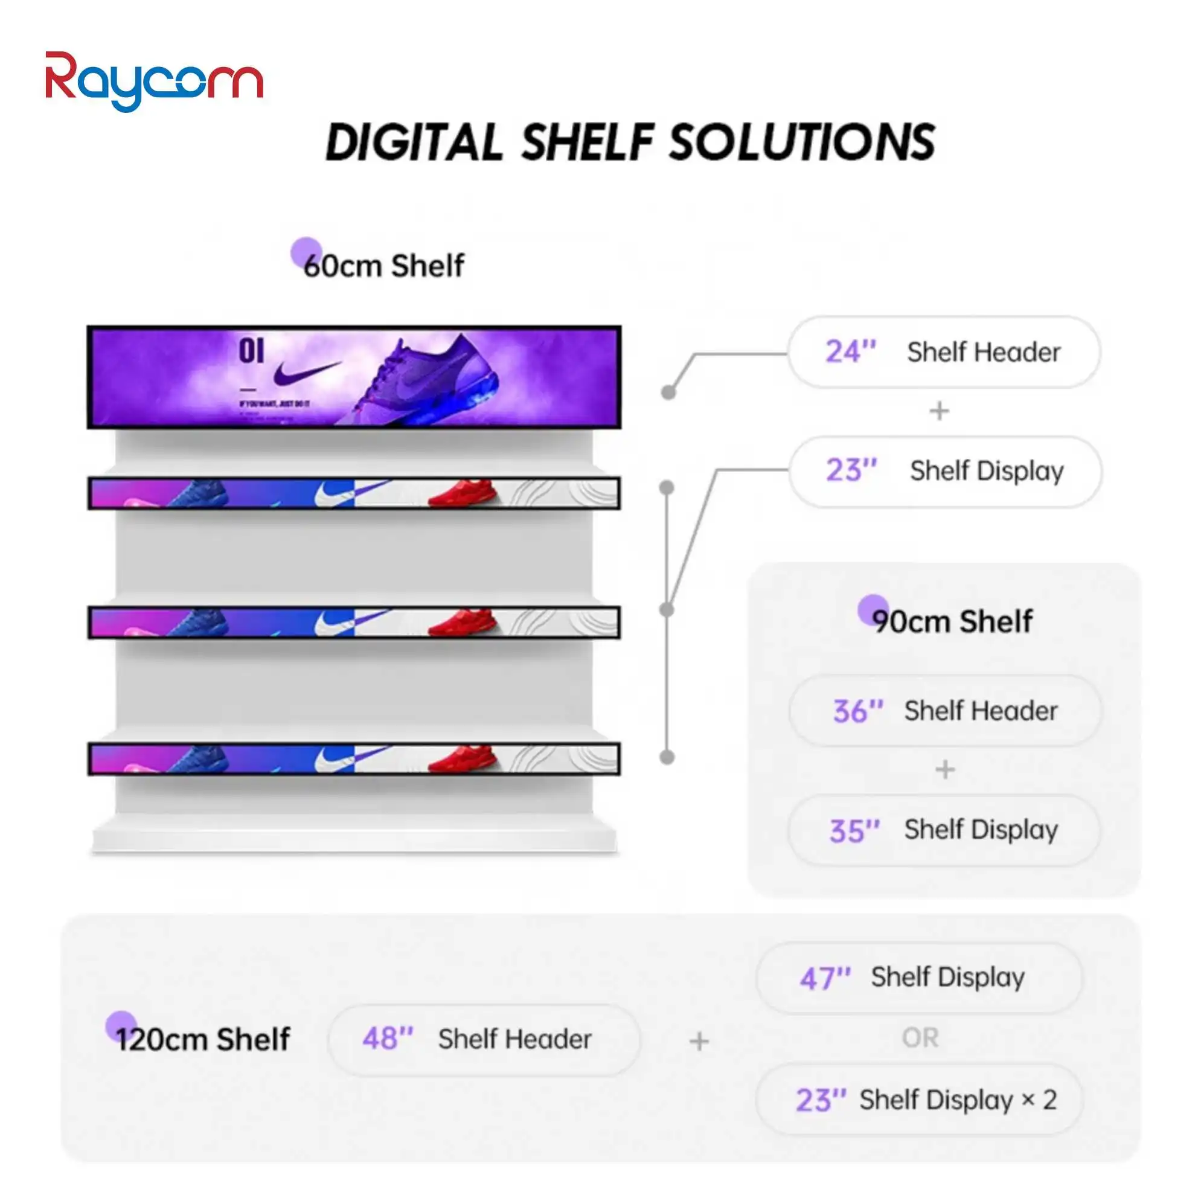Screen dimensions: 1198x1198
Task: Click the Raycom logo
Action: click(154, 80)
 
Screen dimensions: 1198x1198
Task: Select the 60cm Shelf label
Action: click(383, 266)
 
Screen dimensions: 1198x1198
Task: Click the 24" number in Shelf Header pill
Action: click(850, 351)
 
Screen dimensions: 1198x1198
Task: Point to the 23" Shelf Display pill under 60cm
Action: click(945, 471)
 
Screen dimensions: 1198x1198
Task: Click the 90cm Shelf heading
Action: click(952, 621)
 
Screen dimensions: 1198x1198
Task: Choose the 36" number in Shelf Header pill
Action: click(857, 711)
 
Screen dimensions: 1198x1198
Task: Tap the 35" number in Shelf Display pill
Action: click(854, 830)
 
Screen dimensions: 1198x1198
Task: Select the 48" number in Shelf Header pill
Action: click(388, 1039)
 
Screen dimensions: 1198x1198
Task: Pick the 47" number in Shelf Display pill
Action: click(825, 978)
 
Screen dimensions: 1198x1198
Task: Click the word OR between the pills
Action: click(920, 1037)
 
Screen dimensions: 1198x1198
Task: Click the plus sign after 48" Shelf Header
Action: click(699, 1041)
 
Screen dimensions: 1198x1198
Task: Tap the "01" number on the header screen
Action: click(251, 351)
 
